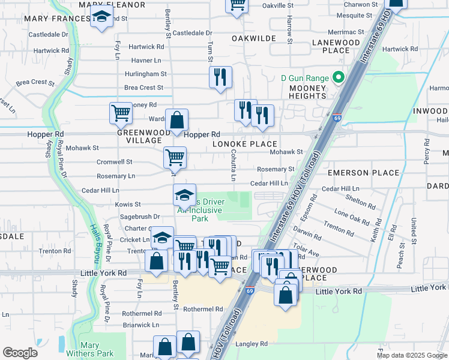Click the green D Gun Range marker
338,77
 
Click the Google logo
20,353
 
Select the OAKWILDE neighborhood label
254,38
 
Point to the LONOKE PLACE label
245,144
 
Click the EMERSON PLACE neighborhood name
363,173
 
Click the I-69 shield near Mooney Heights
337,118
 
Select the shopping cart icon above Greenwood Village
121,112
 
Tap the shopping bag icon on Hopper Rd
176,120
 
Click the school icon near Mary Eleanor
102,17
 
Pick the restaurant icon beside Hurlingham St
220,77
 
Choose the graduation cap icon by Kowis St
184,194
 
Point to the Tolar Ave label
307,247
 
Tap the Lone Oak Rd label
352,217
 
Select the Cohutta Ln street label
232,165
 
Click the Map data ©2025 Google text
411,355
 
